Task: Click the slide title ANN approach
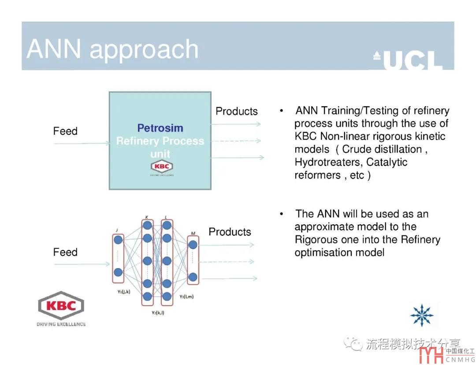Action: pyautogui.click(x=112, y=49)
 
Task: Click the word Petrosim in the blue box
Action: pyautogui.click(x=160, y=128)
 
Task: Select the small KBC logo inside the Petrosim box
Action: pyautogui.click(x=162, y=167)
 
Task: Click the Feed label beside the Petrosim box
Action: pyautogui.click(x=65, y=131)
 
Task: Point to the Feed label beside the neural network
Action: pyautogui.click(x=65, y=252)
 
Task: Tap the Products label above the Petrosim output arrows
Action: pyautogui.click(x=237, y=111)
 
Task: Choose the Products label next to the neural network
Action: pyautogui.click(x=230, y=232)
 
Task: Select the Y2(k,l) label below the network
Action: pyautogui.click(x=156, y=313)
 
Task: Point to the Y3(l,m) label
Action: pyautogui.click(x=186, y=296)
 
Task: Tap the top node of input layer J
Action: pyautogui.click(x=118, y=240)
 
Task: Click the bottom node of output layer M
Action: pyautogui.click(x=193, y=277)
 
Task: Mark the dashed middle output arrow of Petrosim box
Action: pyautogui.click(x=236, y=141)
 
